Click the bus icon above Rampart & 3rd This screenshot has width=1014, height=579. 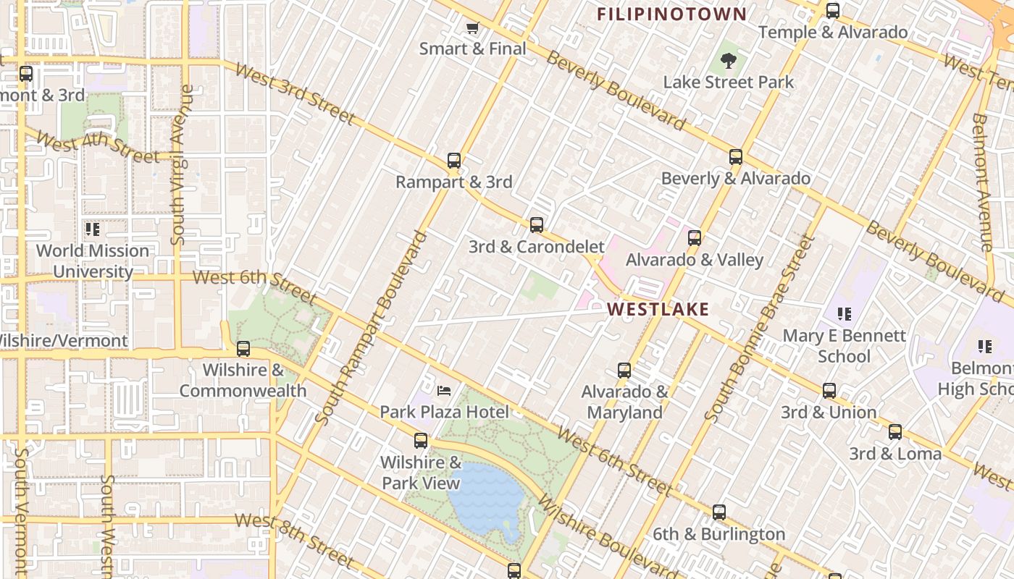click(454, 161)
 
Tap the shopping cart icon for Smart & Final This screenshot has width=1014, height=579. click(472, 28)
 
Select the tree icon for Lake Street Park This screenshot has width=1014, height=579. click(729, 61)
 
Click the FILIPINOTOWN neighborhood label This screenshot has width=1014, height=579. click(671, 14)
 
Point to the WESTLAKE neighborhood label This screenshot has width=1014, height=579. click(658, 310)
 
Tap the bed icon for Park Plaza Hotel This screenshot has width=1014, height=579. click(444, 391)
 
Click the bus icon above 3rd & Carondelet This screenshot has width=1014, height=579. click(536, 224)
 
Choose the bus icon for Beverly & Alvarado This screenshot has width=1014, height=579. click(736, 157)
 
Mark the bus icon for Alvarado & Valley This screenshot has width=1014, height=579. click(694, 238)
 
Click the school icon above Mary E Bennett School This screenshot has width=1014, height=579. click(844, 314)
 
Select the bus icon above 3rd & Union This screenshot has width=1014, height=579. click(829, 391)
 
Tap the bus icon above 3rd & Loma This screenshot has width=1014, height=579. click(895, 433)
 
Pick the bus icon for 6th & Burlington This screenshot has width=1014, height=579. click(718, 512)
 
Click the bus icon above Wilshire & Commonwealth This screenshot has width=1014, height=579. click(243, 349)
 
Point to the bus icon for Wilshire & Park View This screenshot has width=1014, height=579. click(421, 441)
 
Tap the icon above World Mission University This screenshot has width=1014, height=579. click(92, 229)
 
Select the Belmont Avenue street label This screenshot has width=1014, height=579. click(981, 182)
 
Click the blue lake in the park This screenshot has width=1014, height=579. click(485, 496)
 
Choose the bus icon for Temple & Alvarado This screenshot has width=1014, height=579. click(833, 11)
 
